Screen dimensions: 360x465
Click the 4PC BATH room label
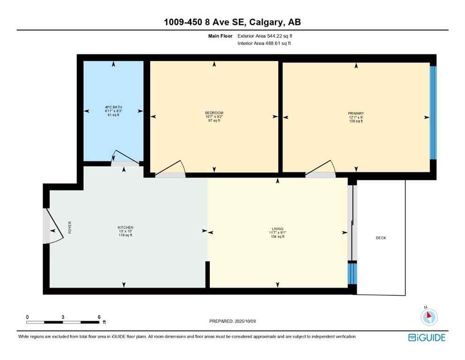click(113, 107)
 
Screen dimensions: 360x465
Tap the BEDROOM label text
click(214, 113)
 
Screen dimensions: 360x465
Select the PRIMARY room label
click(356, 113)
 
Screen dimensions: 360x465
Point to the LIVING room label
click(278, 229)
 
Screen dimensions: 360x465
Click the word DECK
click(381, 238)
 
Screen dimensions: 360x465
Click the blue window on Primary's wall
click(433, 112)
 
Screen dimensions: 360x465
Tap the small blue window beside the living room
click(352, 273)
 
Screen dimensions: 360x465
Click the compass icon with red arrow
click(428, 316)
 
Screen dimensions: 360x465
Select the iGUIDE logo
click(426, 337)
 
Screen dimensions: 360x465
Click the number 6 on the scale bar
click(99, 317)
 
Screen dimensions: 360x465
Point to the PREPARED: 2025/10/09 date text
click(232, 321)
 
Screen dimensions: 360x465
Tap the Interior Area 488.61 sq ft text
click(266, 43)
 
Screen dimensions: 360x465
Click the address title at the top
click(232, 22)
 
